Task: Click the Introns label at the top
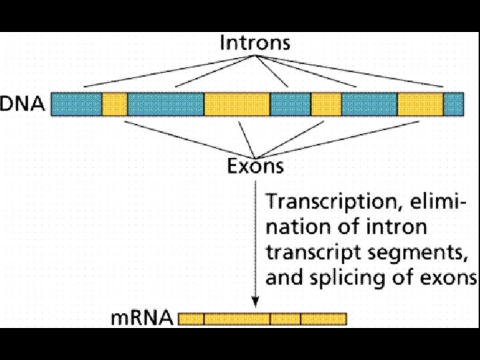[255, 44]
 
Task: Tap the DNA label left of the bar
[23, 105]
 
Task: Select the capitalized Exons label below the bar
[255, 165]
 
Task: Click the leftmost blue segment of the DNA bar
[77, 105]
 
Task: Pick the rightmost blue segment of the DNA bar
[453, 105]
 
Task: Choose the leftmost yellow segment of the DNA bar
[115, 105]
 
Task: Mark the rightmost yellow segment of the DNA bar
[421, 105]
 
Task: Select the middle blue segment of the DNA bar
[290, 105]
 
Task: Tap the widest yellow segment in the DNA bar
[237, 105]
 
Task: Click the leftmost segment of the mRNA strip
[191, 319]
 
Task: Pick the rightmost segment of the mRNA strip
[323, 319]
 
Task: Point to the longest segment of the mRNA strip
[237, 319]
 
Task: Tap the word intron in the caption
[402, 227]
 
